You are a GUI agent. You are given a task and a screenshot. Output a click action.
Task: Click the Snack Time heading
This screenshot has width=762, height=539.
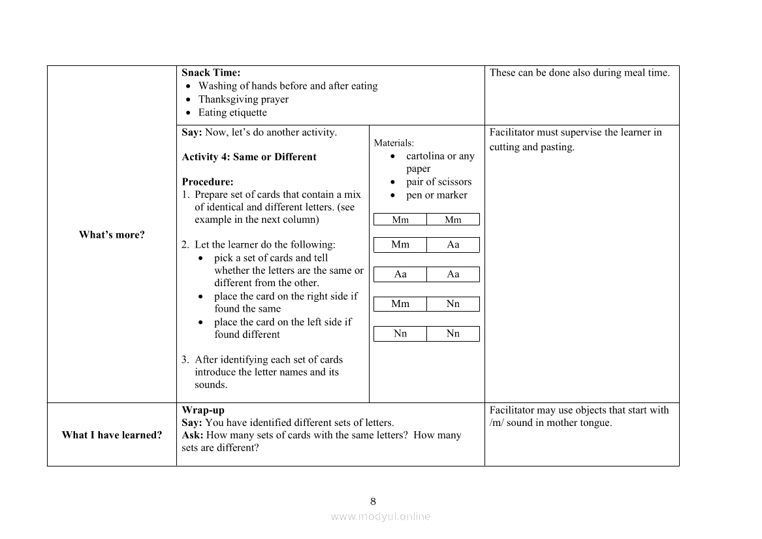(211, 73)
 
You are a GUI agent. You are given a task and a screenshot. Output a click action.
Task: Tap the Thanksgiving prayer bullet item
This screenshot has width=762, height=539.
(243, 99)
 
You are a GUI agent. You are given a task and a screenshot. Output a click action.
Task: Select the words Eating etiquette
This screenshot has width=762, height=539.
(232, 112)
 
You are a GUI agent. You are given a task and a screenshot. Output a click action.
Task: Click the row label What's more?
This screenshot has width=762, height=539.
(112, 235)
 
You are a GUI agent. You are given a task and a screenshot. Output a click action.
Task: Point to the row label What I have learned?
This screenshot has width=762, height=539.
(112, 435)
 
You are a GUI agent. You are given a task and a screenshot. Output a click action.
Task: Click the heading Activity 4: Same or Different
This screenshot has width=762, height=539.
(249, 157)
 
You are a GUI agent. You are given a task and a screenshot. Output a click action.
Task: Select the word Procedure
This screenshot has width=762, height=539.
(207, 182)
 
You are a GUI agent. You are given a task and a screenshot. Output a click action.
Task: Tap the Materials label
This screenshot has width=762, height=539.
(394, 143)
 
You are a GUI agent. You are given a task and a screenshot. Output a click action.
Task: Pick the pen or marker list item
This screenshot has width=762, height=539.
(436, 195)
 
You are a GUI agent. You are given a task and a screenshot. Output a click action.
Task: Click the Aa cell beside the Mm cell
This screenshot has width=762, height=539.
(453, 244)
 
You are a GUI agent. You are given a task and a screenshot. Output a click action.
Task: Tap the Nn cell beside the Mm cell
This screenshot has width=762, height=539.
(453, 304)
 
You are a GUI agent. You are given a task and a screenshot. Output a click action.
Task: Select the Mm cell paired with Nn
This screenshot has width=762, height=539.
(400, 304)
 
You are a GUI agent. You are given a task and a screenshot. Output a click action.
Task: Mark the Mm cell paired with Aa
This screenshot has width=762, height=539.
(400, 244)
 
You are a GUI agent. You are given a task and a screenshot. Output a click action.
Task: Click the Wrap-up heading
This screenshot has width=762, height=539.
(203, 410)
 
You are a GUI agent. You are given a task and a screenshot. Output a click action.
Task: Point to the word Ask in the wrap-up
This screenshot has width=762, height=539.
(192, 435)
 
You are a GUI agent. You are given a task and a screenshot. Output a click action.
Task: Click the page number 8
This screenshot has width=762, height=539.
(373, 502)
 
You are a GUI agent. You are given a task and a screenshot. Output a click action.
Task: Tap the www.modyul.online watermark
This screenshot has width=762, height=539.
(381, 516)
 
